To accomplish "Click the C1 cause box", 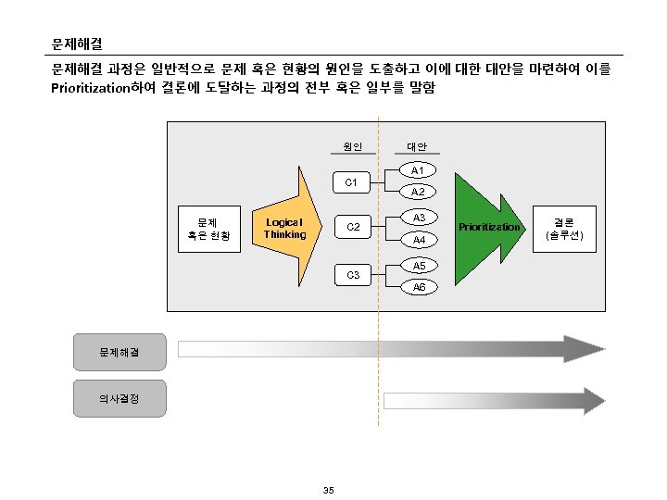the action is pyautogui.click(x=352, y=182).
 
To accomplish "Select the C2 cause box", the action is pyautogui.click(x=352, y=228).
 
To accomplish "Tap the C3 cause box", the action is pyautogui.click(x=352, y=275).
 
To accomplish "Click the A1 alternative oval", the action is pyautogui.click(x=418, y=171).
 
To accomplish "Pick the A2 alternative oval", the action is pyautogui.click(x=418, y=193).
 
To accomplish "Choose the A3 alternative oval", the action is pyautogui.click(x=418, y=218).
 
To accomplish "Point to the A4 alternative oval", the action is pyautogui.click(x=418, y=240).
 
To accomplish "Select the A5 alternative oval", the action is pyautogui.click(x=418, y=266).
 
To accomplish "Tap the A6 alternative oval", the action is pyautogui.click(x=418, y=287).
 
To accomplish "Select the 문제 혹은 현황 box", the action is pyautogui.click(x=208, y=228).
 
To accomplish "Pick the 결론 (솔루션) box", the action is pyautogui.click(x=564, y=228).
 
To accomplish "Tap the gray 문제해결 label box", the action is pyautogui.click(x=120, y=351).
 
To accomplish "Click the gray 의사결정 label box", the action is pyautogui.click(x=120, y=398).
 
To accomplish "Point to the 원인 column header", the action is pyautogui.click(x=352, y=146).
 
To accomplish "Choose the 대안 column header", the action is pyautogui.click(x=417, y=146).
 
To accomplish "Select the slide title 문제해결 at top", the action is pyautogui.click(x=77, y=44).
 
